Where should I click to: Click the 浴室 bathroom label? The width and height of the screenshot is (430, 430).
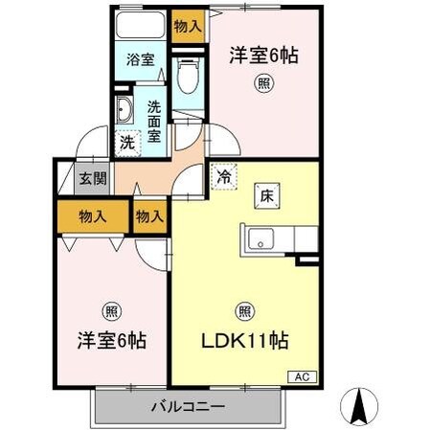pos(140,59)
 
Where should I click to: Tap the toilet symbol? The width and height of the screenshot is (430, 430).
pos(189,72)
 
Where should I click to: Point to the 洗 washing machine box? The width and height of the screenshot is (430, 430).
pos(126,143)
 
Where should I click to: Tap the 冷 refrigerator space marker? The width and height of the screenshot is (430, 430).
pos(222,177)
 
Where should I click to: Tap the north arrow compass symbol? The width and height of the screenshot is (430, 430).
pos(361,406)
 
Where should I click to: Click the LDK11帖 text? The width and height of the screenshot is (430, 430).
pos(245,340)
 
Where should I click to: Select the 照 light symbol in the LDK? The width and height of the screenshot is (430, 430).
pos(244,310)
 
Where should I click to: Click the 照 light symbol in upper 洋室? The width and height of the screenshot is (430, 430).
pos(262,83)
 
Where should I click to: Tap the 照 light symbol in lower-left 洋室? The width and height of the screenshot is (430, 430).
pos(110,310)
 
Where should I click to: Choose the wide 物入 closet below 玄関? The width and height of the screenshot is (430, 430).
pos(94,216)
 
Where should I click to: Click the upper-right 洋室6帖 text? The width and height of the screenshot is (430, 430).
pos(263,56)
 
